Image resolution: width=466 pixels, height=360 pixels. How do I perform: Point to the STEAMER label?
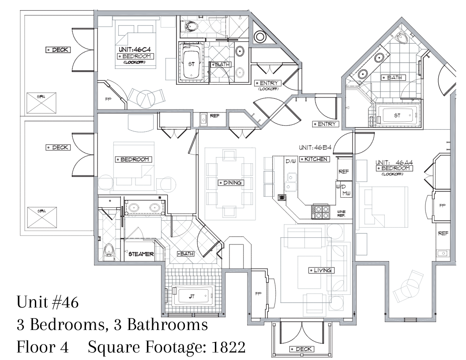coord(141,254)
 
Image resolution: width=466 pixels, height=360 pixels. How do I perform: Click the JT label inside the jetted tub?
coord(192,296)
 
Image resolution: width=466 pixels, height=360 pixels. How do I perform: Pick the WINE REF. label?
coord(341,214)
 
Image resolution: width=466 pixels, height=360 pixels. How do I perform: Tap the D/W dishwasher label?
coord(291,161)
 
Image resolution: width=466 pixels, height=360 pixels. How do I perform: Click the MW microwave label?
coord(346,193)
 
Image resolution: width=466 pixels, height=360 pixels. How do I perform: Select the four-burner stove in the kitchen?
coord(320,212)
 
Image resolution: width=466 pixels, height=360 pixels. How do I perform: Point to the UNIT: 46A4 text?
coord(394,162)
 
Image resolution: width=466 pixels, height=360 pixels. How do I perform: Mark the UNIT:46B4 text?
coord(315,147)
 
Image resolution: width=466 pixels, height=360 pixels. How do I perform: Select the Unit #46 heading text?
coord(48,302)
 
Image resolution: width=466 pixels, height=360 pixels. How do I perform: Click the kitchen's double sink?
coord(291,182)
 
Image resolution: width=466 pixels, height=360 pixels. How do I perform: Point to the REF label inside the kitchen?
coord(344,171)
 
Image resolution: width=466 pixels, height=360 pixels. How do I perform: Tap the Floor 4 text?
coord(42,347)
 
